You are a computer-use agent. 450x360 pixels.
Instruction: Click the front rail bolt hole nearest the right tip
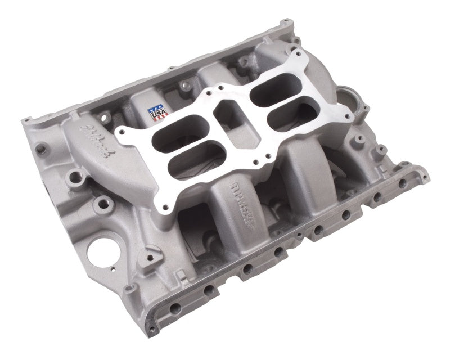(x=403, y=183)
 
